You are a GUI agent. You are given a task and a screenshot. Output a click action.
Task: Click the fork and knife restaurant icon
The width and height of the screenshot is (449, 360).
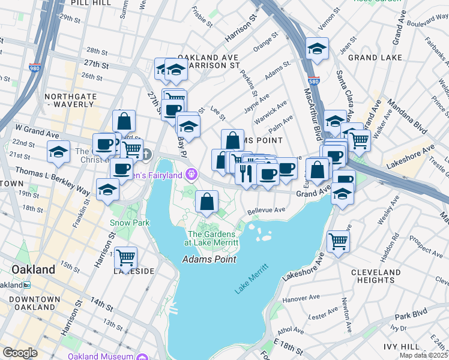pyautogui.click(x=246, y=174)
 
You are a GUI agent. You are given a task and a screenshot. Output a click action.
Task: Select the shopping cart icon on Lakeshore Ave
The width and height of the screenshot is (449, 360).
pyautogui.click(x=339, y=241)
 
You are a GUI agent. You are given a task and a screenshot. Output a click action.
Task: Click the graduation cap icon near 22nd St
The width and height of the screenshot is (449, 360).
pyautogui.click(x=58, y=152)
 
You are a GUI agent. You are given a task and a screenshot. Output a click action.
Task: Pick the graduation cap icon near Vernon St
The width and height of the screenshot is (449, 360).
pyautogui.click(x=317, y=50)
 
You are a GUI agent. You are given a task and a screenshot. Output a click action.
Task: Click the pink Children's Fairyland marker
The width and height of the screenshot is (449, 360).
pyautogui.click(x=191, y=175)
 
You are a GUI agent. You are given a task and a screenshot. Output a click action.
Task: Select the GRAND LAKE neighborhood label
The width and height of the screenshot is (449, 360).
pyautogui.click(x=370, y=58)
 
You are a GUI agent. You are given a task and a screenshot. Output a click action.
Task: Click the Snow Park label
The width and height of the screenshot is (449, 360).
pyautogui.click(x=121, y=222)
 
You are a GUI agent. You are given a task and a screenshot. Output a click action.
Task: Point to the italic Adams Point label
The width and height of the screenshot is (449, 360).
pyautogui.click(x=209, y=259)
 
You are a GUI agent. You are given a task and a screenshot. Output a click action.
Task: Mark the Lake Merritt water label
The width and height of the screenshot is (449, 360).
pyautogui.click(x=250, y=280)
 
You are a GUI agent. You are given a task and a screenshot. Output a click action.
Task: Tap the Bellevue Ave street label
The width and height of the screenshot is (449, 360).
pyautogui.click(x=267, y=210)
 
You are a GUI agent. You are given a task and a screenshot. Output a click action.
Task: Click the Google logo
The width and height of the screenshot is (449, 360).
pyautogui.click(x=20, y=352)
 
